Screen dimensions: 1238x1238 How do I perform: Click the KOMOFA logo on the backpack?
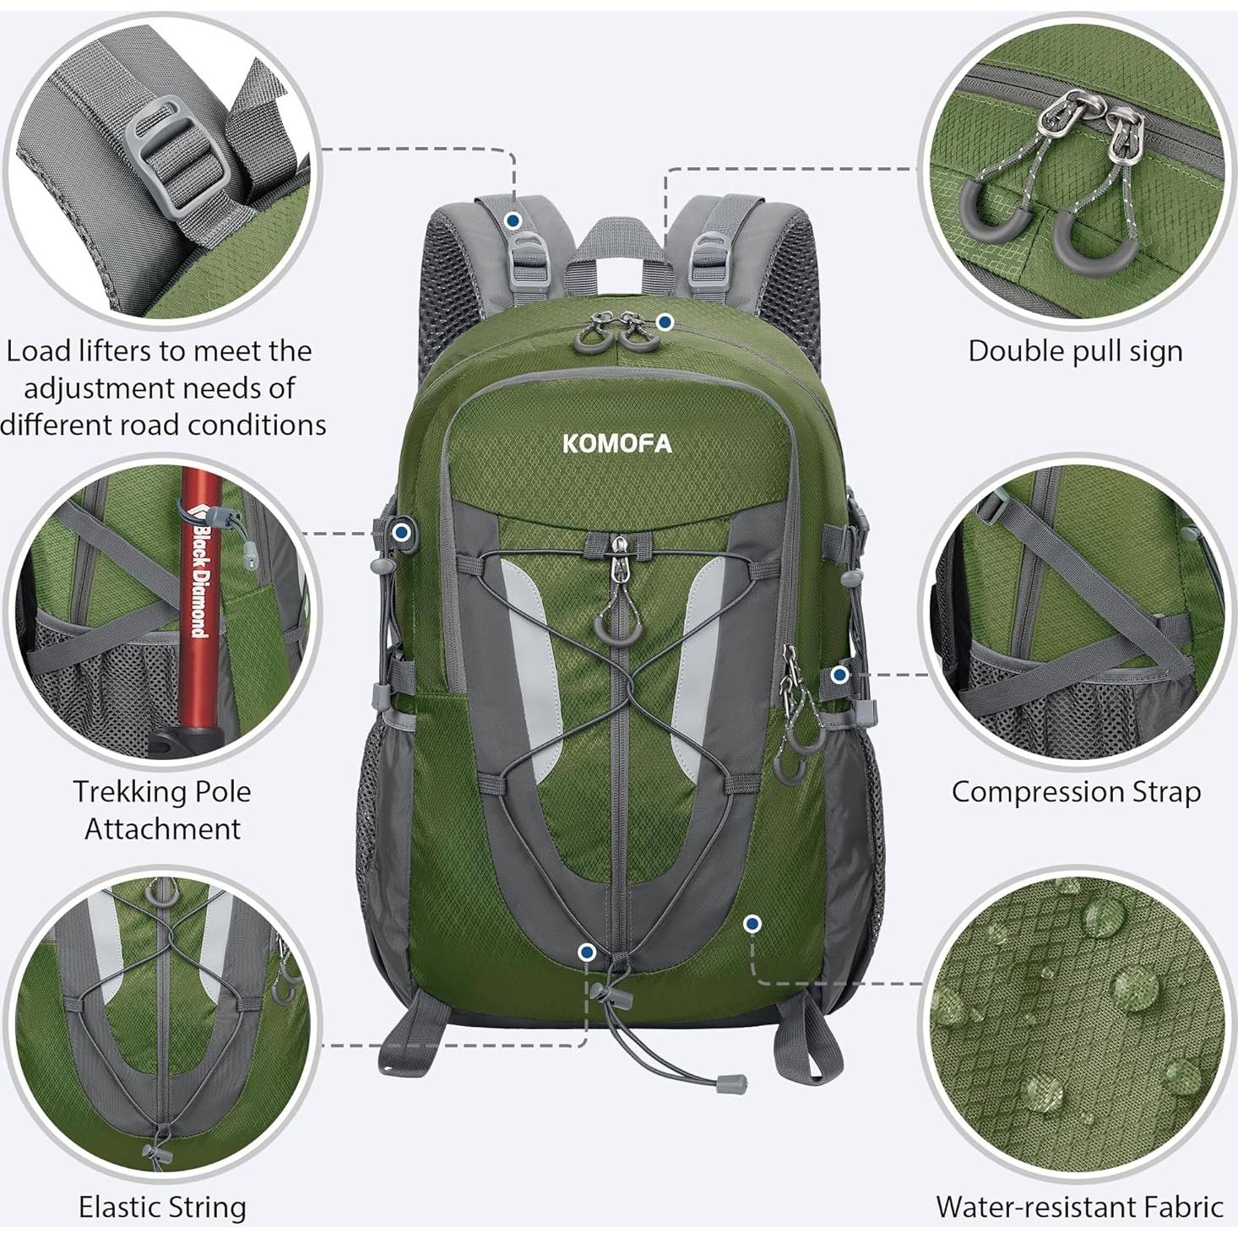pyautogui.click(x=617, y=443)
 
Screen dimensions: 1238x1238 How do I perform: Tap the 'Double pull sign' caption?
pyautogui.click(x=1075, y=351)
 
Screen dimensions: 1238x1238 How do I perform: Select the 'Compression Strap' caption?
pyautogui.click(x=1076, y=792)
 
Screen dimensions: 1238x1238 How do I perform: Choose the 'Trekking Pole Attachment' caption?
pyautogui.click(x=162, y=810)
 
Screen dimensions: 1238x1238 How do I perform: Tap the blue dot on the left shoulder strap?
pyautogui.click(x=513, y=220)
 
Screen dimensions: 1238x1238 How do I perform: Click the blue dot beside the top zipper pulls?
pyautogui.click(x=665, y=321)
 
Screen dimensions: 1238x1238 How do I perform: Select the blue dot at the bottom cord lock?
pyautogui.click(x=587, y=953)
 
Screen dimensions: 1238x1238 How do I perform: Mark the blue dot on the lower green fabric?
pyautogui.click(x=752, y=924)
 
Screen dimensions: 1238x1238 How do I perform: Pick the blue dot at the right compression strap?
pyautogui.click(x=839, y=675)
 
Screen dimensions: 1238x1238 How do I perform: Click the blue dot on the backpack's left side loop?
pyautogui.click(x=402, y=532)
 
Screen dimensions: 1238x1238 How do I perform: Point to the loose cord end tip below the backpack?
pyautogui.click(x=730, y=1083)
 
